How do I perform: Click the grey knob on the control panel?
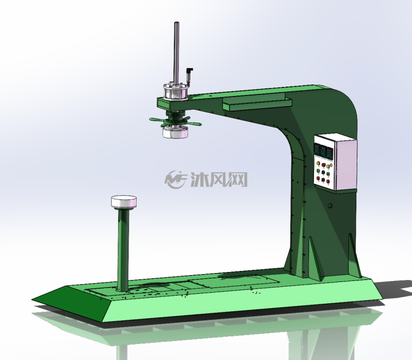pyautogui.click(x=331, y=165)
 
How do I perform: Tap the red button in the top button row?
pyautogui.click(x=324, y=165)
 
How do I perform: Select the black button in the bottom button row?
pyautogui.click(x=323, y=179)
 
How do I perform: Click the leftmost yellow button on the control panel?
pyautogui.click(x=319, y=163)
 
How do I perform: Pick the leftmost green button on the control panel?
pyautogui.click(x=318, y=171)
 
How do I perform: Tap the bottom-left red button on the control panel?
pyautogui.click(x=318, y=178)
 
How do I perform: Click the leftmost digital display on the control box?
pyautogui.click(x=317, y=149)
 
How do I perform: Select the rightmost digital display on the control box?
pyautogui.click(x=330, y=153)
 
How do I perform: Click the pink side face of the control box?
pyautogui.click(x=346, y=164)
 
